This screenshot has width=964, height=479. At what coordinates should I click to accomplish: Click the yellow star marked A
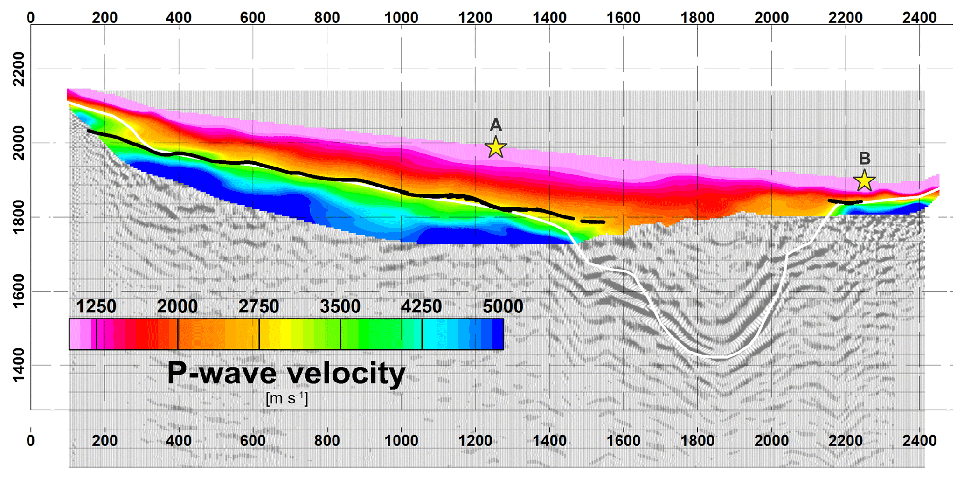pos(495,147)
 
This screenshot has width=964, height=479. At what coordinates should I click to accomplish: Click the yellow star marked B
pos(864,180)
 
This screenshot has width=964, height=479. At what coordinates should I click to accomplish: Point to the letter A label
pos(495,125)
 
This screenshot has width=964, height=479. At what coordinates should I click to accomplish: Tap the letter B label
pos(864,159)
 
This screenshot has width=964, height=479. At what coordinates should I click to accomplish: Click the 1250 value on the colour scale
pos(96,307)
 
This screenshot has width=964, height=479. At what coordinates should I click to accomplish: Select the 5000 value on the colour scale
pos(503,307)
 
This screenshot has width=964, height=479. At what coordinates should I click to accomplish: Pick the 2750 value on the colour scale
pos(258,307)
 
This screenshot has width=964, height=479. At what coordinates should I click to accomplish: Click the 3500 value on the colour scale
pos(340,307)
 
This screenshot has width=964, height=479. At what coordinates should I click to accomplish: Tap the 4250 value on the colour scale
pos(422,307)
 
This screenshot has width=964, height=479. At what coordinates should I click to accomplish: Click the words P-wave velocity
pos(286,374)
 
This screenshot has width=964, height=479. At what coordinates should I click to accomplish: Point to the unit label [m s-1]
pos(286,399)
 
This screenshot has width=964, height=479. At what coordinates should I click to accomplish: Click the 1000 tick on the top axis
pos(401,18)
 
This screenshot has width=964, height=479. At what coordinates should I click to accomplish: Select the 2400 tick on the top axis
pos(919,18)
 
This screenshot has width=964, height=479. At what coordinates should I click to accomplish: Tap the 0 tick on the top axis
pos(31,18)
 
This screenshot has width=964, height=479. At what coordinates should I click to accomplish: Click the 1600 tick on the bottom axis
pos(623,441)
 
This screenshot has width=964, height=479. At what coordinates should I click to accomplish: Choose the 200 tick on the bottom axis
pos(104,441)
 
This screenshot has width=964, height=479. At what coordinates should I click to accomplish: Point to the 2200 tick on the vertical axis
pos(19,69)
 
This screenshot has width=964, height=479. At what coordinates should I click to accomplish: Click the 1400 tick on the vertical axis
pos(19,365)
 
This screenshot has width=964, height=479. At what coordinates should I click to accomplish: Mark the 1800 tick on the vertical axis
pos(19,217)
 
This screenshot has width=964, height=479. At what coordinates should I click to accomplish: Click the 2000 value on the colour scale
pos(177,307)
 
